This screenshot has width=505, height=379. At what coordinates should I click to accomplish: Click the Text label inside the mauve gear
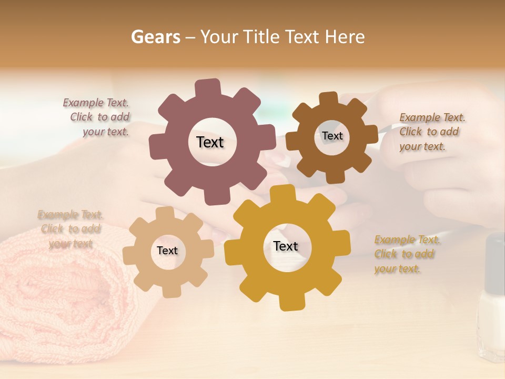click(x=210, y=142)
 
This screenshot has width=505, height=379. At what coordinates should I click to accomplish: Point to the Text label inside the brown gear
click(x=332, y=136)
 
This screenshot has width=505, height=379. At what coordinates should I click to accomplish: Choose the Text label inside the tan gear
click(x=167, y=251)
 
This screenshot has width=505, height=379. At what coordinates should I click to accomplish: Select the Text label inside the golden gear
click(x=286, y=246)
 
